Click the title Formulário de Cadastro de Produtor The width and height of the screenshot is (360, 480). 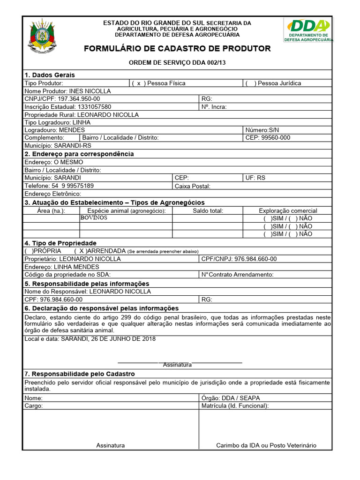tap(177, 49)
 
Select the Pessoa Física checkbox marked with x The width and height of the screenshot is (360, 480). tap(138, 83)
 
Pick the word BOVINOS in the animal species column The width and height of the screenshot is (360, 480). tap(94, 218)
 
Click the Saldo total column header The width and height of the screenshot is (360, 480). tap(208, 211)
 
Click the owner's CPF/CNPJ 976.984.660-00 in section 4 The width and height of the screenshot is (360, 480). tap(255, 259)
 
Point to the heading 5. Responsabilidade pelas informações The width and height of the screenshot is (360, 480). tap(87, 284)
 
